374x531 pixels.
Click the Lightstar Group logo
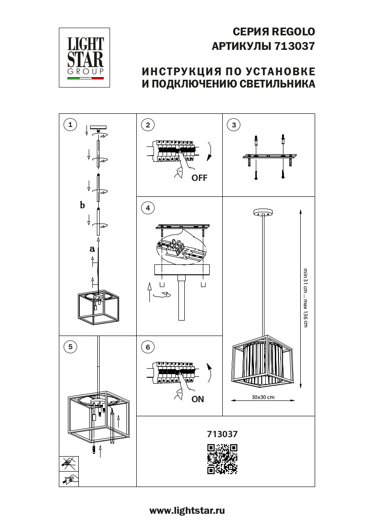tap(85, 57)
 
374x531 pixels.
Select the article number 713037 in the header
tap(294, 46)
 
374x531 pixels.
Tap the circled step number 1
tap(70, 125)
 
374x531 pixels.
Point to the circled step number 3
tap(233, 125)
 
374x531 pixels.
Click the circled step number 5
tap(70, 347)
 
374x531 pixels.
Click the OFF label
tap(199, 178)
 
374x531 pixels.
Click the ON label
tap(198, 399)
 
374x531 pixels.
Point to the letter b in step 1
tap(82, 205)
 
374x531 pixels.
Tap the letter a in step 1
tap(92, 249)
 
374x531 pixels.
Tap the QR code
tap(222, 458)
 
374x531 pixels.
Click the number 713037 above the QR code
tap(222, 434)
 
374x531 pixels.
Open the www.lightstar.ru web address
tap(187, 511)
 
